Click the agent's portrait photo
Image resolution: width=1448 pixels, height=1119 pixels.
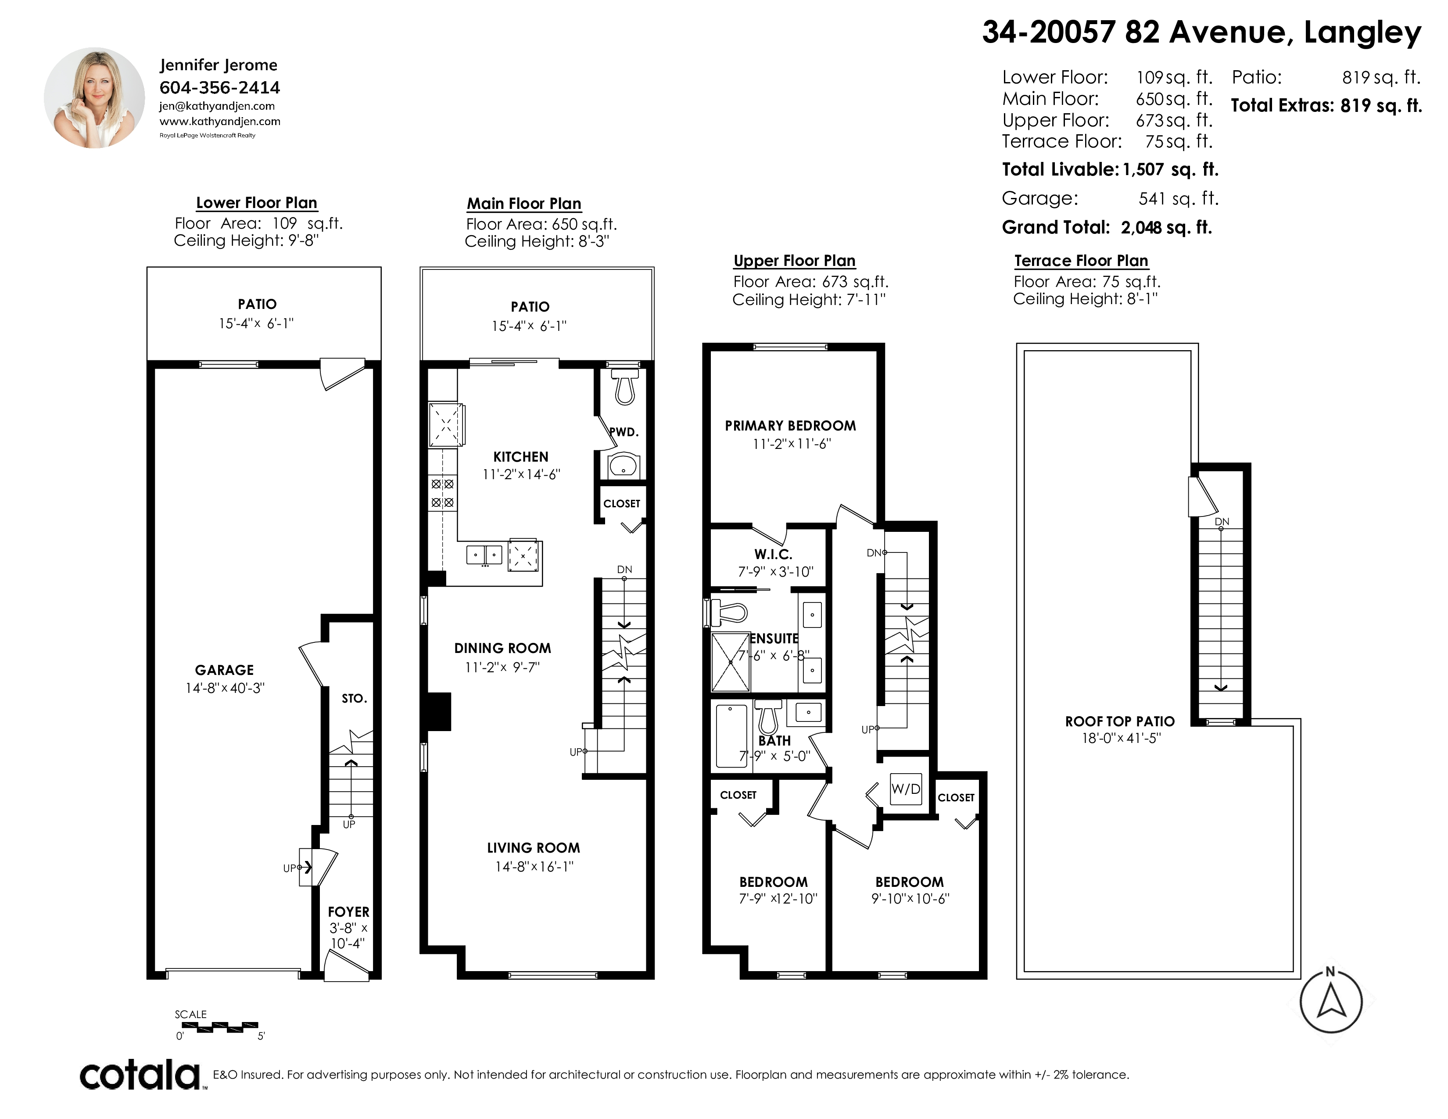(x=94, y=97)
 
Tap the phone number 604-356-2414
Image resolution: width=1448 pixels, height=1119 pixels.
(x=219, y=87)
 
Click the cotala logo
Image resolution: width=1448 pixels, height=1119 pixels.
(x=140, y=1075)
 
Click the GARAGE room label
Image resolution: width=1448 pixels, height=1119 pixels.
(x=224, y=670)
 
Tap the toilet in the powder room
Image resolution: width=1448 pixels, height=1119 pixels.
(x=624, y=387)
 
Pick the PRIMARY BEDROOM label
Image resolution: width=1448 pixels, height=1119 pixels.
(x=790, y=426)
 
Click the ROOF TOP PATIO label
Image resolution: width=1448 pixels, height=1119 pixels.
(x=1120, y=721)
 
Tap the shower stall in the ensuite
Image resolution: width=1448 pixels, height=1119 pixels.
(x=731, y=662)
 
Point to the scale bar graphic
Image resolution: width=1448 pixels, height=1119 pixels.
(x=219, y=1027)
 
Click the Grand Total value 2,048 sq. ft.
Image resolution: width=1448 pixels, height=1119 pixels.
(x=1166, y=227)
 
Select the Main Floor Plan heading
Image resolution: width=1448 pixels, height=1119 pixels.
(x=524, y=204)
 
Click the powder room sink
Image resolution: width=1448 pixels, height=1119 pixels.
(x=623, y=466)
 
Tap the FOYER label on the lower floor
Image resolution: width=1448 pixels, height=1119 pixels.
(x=349, y=912)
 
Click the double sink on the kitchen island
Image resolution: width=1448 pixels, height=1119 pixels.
(x=484, y=554)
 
